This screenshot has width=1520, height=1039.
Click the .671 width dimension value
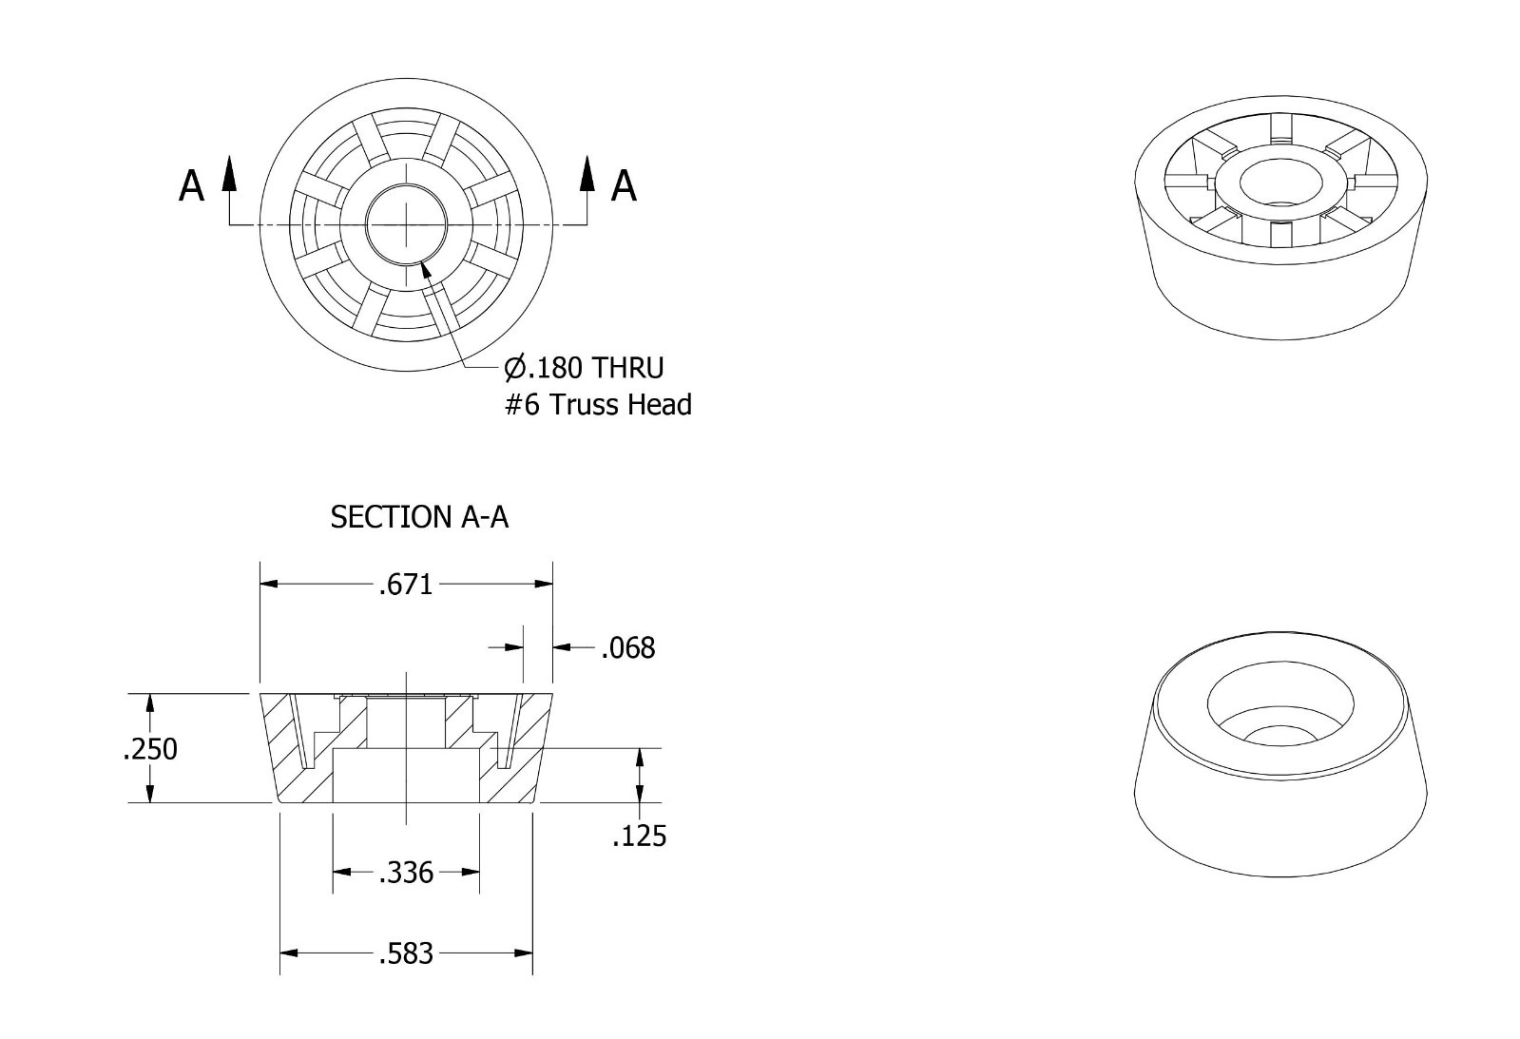pyautogui.click(x=406, y=585)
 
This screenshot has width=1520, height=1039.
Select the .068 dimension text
pyautogui.click(x=628, y=648)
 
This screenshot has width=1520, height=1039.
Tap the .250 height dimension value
pyautogui.click(x=150, y=749)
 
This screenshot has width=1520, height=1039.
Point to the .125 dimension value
pyautogui.click(x=639, y=837)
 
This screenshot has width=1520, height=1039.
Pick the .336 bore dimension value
pyautogui.click(x=406, y=873)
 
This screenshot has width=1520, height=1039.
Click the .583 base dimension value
pyautogui.click(x=406, y=954)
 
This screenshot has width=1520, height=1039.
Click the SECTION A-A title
pyautogui.click(x=419, y=517)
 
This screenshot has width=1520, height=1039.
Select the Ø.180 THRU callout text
pyautogui.click(x=584, y=368)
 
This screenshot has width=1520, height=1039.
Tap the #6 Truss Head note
pyautogui.click(x=599, y=405)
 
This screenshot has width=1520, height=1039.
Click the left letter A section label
pyautogui.click(x=191, y=186)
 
